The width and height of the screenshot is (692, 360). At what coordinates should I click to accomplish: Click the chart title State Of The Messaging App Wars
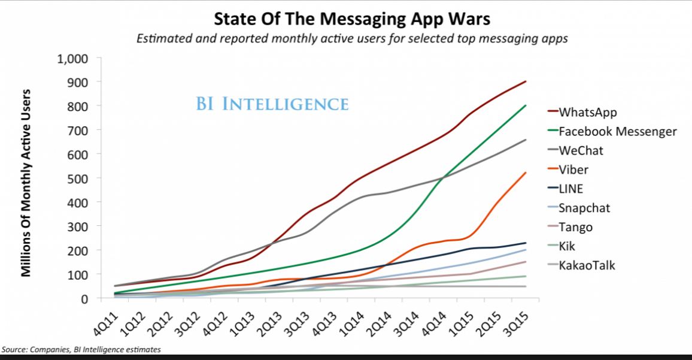(x=352, y=19)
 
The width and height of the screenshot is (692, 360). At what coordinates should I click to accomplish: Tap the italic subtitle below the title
(x=352, y=40)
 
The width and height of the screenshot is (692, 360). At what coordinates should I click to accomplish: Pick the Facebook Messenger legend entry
(x=617, y=131)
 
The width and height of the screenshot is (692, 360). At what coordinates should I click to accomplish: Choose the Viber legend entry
(x=573, y=170)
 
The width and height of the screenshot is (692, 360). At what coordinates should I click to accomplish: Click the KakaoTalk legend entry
(x=586, y=265)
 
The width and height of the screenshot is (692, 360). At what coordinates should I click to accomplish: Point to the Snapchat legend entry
(x=584, y=208)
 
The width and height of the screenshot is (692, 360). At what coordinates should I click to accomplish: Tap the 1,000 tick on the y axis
(x=72, y=59)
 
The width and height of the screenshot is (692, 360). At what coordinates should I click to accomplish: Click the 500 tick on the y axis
(x=77, y=179)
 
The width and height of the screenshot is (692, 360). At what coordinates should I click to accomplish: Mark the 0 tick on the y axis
(x=84, y=298)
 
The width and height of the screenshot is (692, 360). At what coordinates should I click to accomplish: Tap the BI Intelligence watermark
(x=272, y=104)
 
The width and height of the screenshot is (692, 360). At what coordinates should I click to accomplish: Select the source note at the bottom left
(x=81, y=349)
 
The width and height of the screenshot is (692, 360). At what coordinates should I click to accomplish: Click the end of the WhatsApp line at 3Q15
(x=526, y=81)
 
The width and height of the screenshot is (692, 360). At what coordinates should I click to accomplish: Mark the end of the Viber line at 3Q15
(x=526, y=173)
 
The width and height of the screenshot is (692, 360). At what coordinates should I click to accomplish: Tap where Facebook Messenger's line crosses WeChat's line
(x=444, y=177)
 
